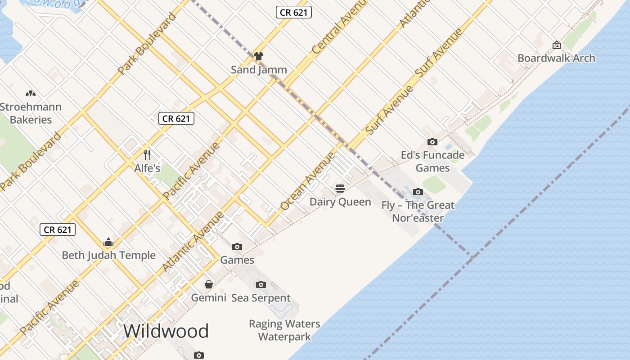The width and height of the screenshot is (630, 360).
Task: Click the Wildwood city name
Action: [x=166, y=331]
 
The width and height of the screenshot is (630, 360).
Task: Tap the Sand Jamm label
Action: [x=259, y=69]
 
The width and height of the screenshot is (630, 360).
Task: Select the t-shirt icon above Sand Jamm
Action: [x=258, y=56]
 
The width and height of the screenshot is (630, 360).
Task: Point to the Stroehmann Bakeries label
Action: [x=31, y=113]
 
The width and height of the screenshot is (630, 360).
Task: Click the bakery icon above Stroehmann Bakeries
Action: [x=31, y=94]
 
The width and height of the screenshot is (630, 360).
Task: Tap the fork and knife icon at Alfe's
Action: [x=147, y=155]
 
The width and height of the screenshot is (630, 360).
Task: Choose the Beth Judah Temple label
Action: [x=108, y=255]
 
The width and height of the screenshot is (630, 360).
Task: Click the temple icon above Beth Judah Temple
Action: [x=108, y=243]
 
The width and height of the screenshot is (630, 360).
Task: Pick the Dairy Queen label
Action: [x=340, y=202]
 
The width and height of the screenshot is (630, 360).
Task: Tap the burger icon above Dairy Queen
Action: [x=340, y=188]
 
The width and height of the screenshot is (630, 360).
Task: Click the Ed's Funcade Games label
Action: [x=432, y=162]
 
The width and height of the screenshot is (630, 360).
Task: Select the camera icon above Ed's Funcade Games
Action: [x=432, y=142]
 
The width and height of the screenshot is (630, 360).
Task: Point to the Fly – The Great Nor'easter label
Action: [x=418, y=211]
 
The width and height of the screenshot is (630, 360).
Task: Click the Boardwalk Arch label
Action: [x=556, y=58]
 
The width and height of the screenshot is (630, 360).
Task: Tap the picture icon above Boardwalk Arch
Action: [x=557, y=45]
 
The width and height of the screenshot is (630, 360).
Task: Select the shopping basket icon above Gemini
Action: [x=209, y=284]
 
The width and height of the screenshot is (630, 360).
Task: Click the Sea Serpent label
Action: [x=261, y=298]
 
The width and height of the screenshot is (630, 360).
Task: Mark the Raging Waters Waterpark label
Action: [x=284, y=330]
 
